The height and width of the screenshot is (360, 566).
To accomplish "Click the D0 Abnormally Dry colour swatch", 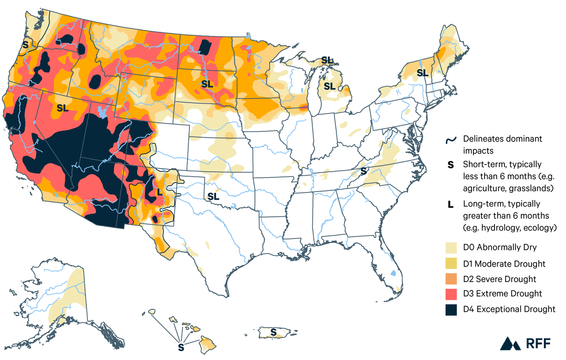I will click(451, 248).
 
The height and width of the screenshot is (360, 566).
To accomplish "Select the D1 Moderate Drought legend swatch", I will click(451, 264).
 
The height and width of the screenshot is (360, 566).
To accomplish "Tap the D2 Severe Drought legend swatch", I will click(451, 279).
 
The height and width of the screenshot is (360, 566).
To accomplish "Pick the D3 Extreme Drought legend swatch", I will click(451, 294).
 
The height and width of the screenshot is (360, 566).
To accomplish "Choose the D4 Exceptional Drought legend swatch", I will click(451, 310).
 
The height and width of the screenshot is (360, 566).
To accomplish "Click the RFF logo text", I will click(538, 344).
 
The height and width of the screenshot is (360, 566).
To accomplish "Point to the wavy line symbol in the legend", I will click(451, 140).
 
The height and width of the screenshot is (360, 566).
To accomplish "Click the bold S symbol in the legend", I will click(451, 165).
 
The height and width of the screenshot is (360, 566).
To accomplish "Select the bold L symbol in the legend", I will click(451, 205).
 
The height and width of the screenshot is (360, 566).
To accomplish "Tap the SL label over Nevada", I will click(63, 109).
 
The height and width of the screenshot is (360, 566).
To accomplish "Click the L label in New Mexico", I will click(159, 192).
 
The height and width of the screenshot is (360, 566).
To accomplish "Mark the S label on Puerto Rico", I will click(273, 332).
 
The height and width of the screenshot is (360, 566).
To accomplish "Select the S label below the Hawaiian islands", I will click(181, 347).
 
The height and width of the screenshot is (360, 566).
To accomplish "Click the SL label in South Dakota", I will click(207, 84).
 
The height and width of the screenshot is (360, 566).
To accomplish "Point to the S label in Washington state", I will click(25, 45).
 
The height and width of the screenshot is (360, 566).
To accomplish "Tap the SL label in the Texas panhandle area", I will click(213, 197).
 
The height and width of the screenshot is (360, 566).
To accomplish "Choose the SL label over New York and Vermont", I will click(422, 73).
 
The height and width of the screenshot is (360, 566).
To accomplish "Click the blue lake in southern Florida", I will click(393, 274).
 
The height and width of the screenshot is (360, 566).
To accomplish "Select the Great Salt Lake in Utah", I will click(102, 112).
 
